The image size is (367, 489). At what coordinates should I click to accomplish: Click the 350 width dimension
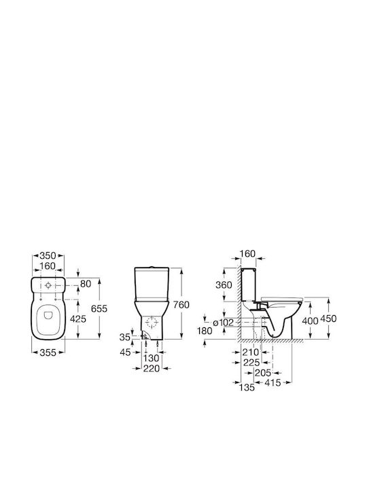click(x=48, y=256)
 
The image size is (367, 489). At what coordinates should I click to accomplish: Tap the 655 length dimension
click(x=99, y=308)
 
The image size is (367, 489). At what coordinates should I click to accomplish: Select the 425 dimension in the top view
click(x=77, y=319)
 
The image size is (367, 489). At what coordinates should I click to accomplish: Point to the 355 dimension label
click(x=48, y=352)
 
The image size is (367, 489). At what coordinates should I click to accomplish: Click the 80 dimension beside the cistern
click(x=86, y=284)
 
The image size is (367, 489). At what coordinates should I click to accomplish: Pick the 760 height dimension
click(x=181, y=304)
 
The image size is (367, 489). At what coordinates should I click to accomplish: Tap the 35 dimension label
click(x=125, y=337)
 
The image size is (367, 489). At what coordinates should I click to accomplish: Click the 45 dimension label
click(x=126, y=352)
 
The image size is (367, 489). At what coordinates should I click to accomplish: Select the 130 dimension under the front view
click(x=152, y=358)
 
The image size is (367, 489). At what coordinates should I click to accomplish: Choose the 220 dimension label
click(x=152, y=368)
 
